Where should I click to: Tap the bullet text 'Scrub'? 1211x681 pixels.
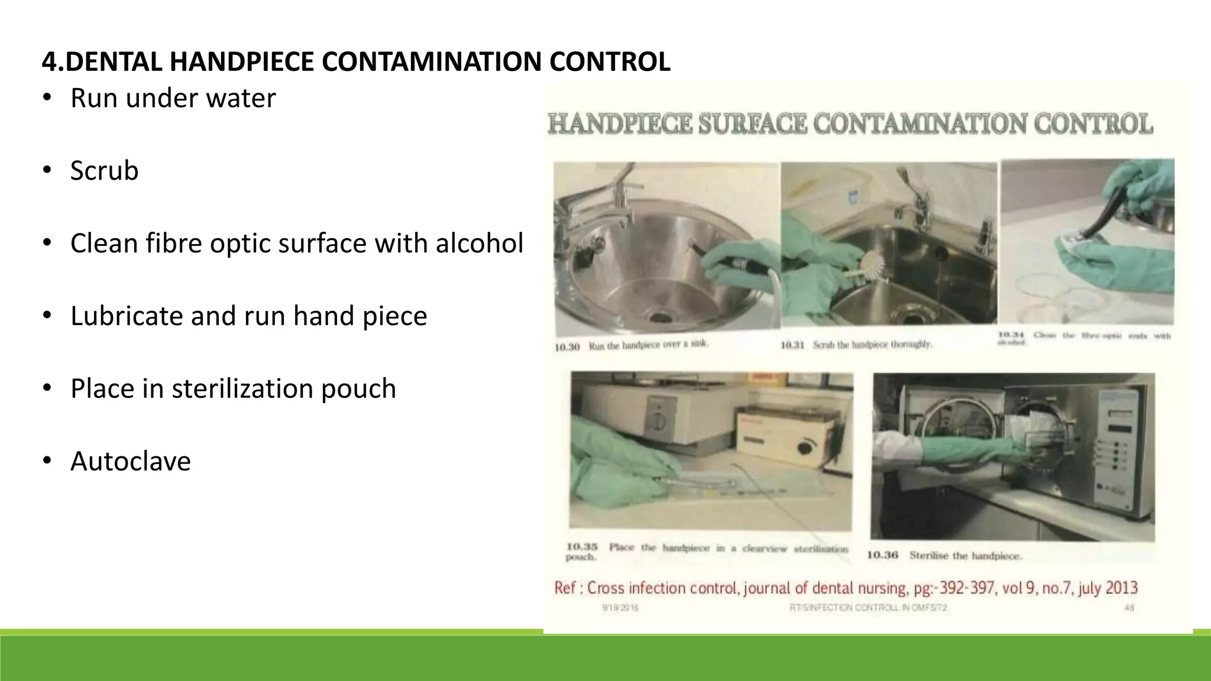pos(104,171)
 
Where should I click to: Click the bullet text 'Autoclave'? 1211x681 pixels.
pos(131,461)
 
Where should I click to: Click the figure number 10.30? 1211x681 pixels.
pos(567,347)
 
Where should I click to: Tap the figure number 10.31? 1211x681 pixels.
pos(793,345)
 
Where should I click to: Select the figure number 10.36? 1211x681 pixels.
pos(882,555)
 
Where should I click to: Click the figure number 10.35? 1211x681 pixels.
pos(582,547)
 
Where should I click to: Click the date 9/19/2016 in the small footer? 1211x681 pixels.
pos(620,608)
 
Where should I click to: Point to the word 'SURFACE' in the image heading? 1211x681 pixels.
pos(753,124)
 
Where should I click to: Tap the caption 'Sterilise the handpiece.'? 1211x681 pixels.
pos(965,556)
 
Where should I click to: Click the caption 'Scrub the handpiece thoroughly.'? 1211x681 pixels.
pos(872,345)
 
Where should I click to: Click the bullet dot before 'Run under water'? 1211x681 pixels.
pos(47,98)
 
